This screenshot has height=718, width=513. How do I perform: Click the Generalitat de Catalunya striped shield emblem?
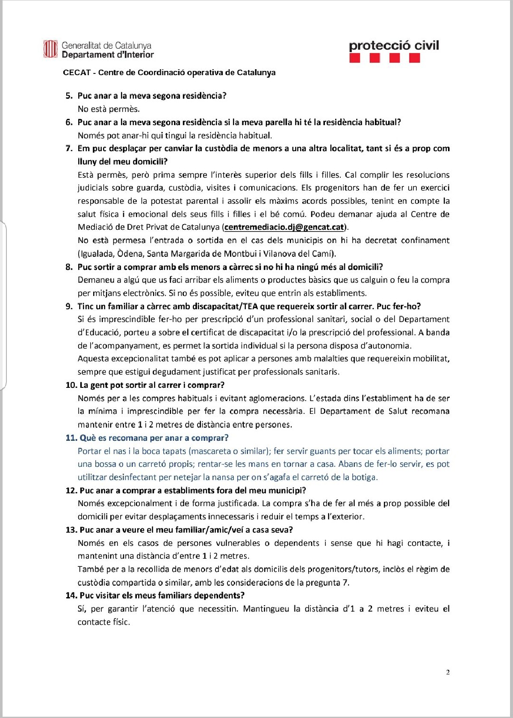(50, 49)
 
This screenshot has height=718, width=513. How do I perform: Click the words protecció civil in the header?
(394, 46)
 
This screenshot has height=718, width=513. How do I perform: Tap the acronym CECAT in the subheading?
(77, 73)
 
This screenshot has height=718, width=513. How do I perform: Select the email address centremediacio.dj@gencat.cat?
(284, 227)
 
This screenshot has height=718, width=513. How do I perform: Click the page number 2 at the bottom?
(448, 672)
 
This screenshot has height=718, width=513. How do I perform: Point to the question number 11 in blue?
(71, 438)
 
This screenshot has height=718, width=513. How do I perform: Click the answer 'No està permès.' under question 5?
(109, 109)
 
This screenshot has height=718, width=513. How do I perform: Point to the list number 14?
(71, 595)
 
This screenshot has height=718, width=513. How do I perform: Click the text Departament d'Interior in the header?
(108, 55)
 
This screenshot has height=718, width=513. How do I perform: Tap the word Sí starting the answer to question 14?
(82, 609)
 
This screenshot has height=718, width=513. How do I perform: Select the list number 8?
(69, 267)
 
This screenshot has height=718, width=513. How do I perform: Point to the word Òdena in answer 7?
(130, 254)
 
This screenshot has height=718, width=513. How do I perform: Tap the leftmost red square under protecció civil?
(354, 59)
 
